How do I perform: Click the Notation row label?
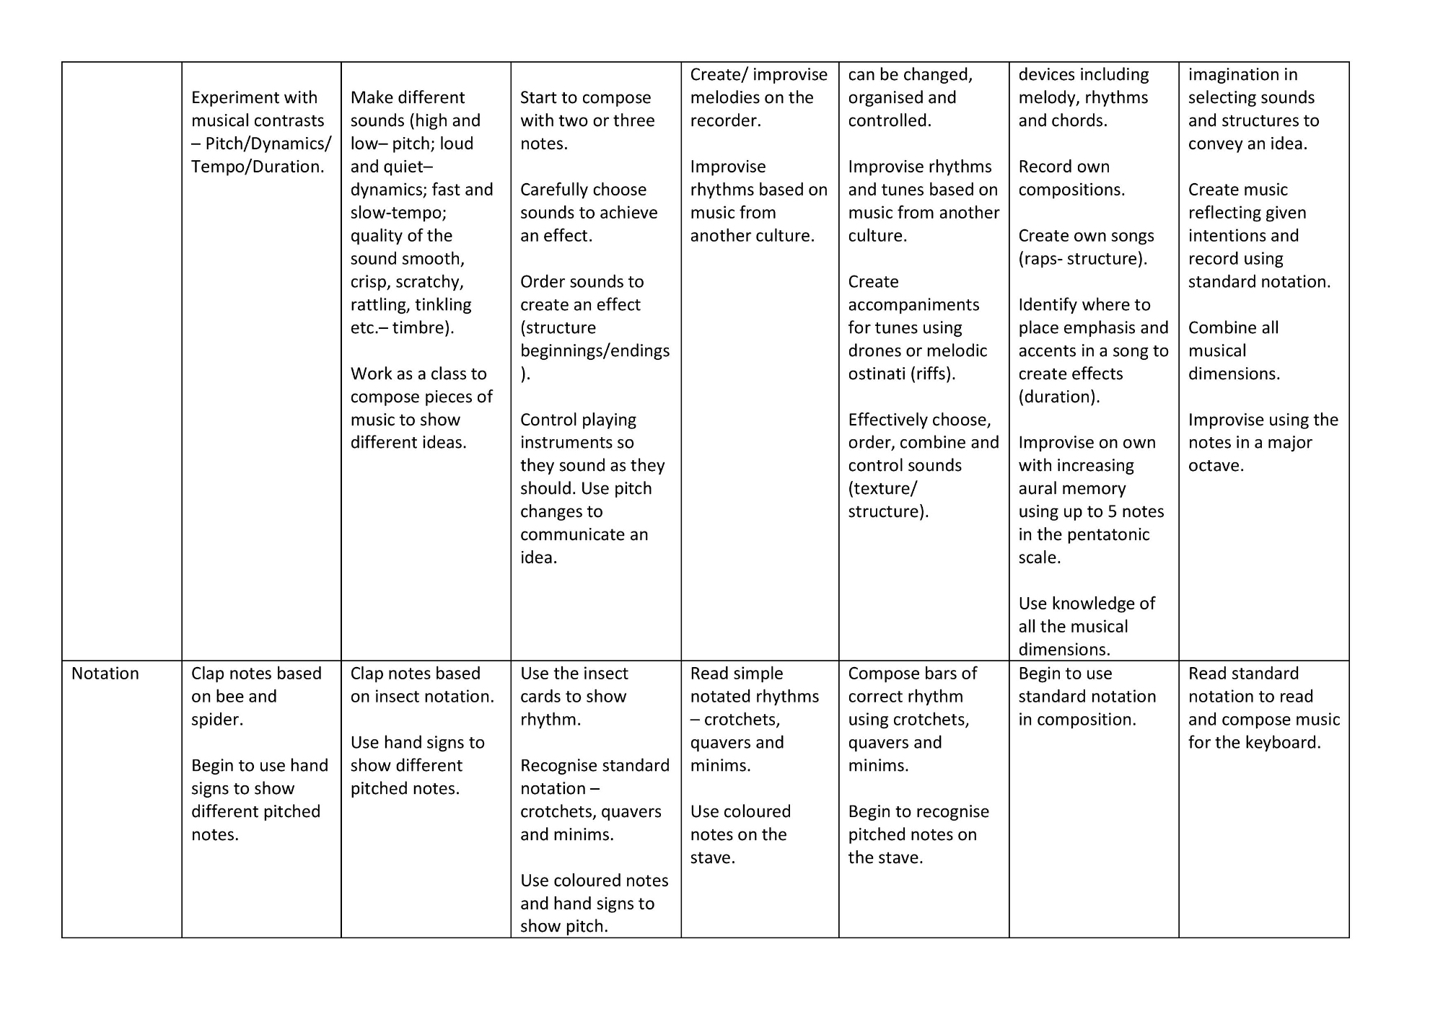point(105,674)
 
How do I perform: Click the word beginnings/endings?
point(595,351)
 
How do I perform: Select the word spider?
point(216,720)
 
